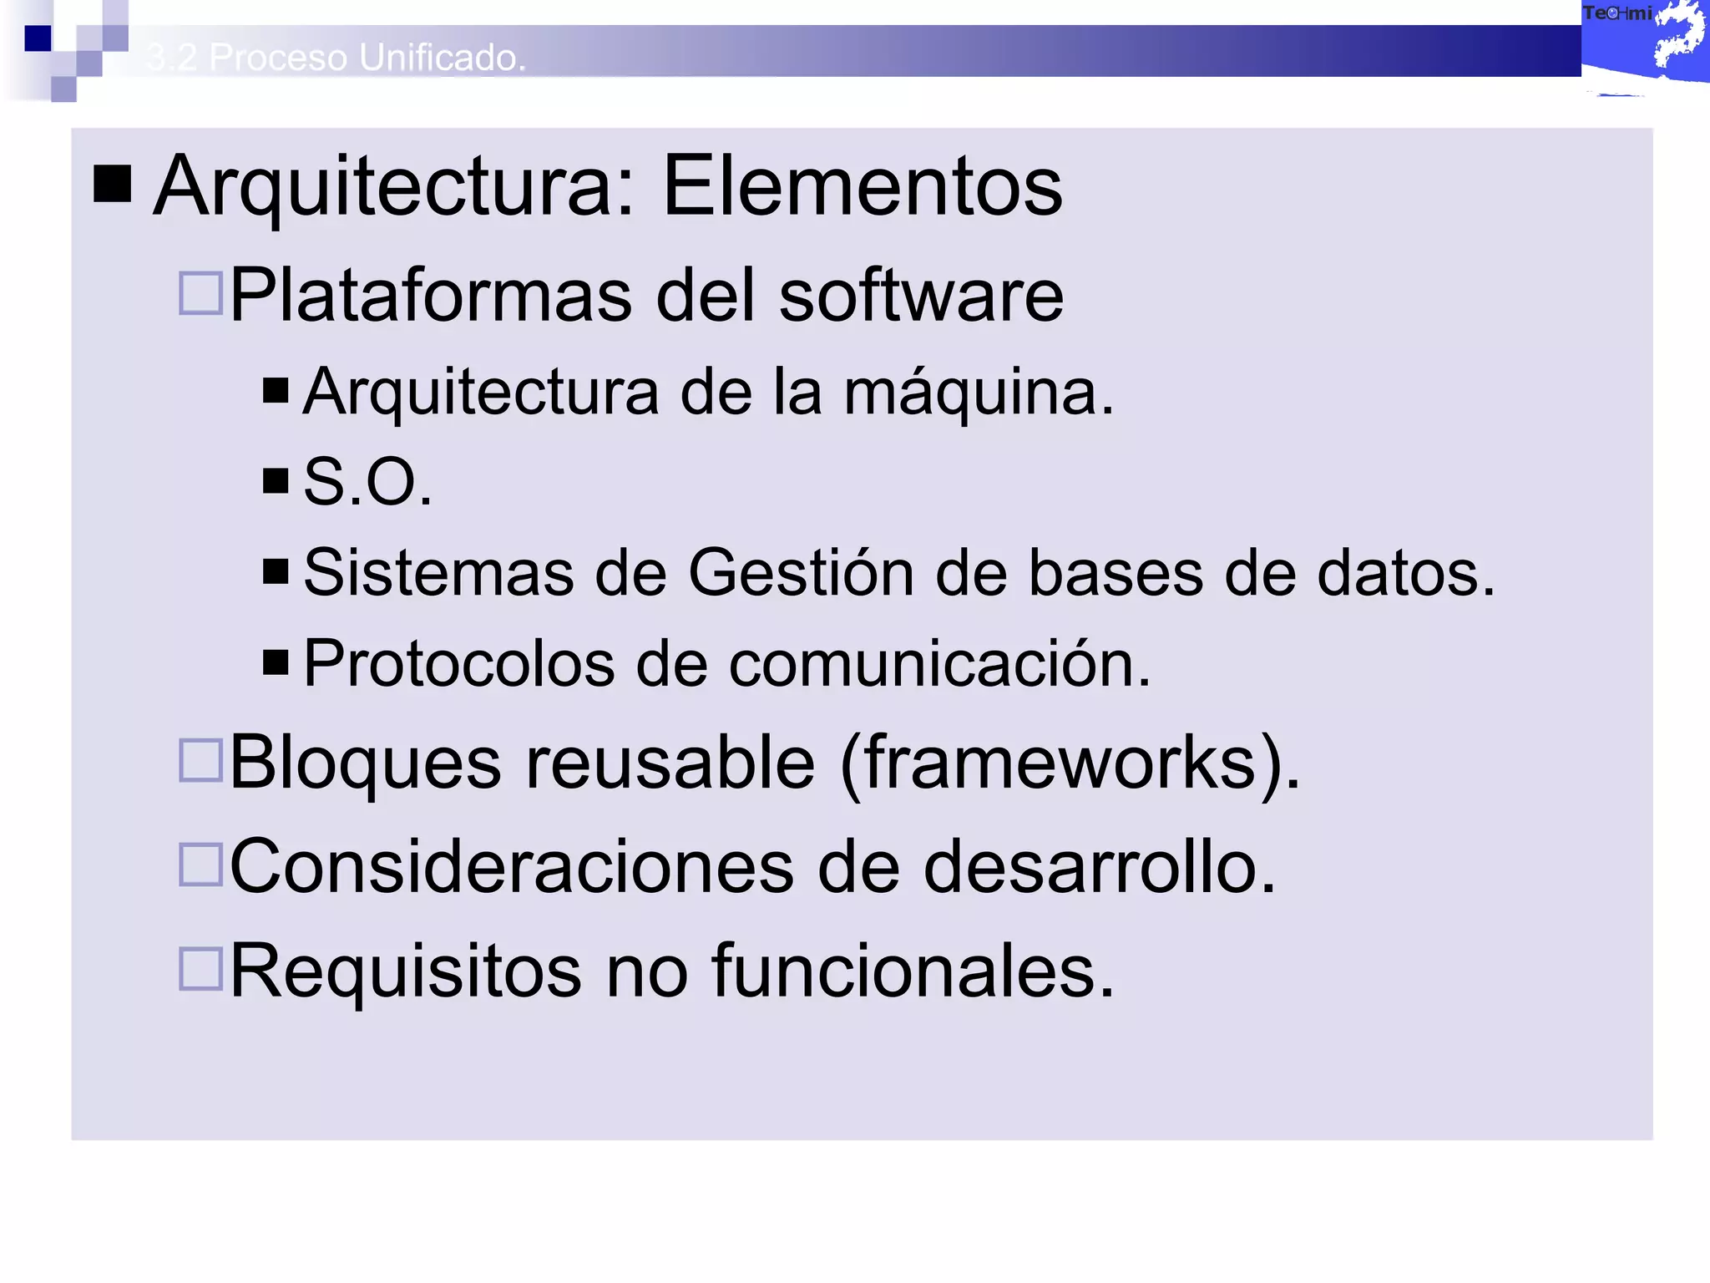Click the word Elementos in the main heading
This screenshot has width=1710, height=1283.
tap(863, 186)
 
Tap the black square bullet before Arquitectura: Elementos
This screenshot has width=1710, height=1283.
tap(113, 184)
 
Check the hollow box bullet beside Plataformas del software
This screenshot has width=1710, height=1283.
tap(200, 293)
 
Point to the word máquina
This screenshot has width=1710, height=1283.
tap(978, 393)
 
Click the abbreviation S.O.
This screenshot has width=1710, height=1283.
tap(367, 482)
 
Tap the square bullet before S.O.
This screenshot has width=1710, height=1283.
tap(275, 480)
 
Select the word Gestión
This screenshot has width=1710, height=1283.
tap(801, 573)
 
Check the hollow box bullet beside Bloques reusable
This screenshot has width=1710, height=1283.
tap(200, 760)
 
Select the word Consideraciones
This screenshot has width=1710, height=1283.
tap(511, 867)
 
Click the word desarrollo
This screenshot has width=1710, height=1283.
tap(1100, 867)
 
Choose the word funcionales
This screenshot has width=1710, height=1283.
tap(913, 971)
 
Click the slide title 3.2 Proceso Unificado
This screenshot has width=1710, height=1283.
tap(336, 58)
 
